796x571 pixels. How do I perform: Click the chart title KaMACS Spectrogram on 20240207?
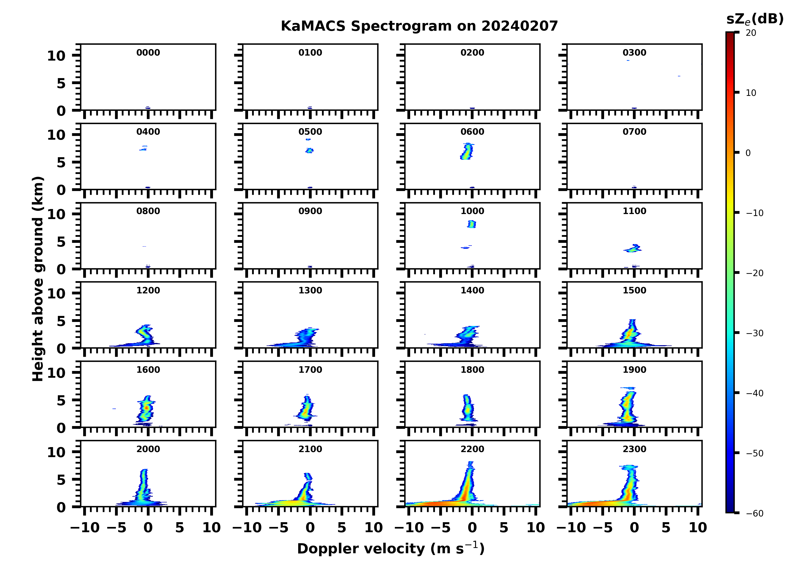click(419, 26)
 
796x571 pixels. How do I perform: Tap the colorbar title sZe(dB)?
click(755, 19)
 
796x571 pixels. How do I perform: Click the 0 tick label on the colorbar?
click(748, 153)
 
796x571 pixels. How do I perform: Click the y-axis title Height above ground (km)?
click(38, 279)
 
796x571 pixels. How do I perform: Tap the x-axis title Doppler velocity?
click(391, 549)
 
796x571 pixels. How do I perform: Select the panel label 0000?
click(148, 53)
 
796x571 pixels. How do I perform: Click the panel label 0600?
click(472, 132)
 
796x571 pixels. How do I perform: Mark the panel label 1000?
click(472, 211)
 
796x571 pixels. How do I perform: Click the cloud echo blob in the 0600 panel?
click(467, 151)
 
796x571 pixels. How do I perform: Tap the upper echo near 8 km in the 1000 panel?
click(472, 224)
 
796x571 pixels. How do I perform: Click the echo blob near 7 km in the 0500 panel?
click(309, 150)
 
